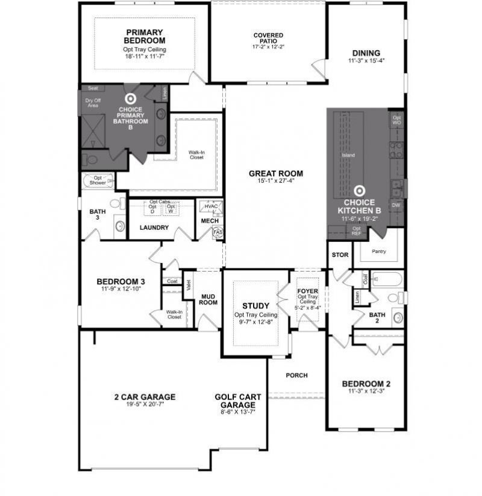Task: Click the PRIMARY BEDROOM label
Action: tap(145, 36)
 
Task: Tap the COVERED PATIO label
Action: tap(268, 36)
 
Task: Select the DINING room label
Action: tap(366, 52)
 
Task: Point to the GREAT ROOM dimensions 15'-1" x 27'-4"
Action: tap(276, 181)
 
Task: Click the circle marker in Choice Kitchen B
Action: tap(360, 191)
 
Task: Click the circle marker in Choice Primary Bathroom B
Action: tap(130, 98)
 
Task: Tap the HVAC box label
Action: tap(211, 206)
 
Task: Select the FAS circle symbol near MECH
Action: tap(218, 232)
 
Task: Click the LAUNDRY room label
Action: tap(154, 228)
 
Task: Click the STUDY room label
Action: tap(255, 306)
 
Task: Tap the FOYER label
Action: tap(307, 291)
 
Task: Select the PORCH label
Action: tap(296, 375)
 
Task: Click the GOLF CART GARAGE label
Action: tap(238, 401)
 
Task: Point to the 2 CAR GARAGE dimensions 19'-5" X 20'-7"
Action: tap(145, 405)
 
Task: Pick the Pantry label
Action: tap(378, 251)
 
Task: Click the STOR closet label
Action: tap(340, 255)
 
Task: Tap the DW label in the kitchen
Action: tap(396, 205)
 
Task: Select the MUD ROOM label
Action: tap(209, 299)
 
